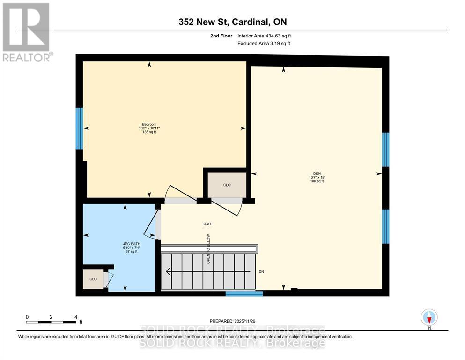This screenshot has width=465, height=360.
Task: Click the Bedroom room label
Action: tap(149, 124)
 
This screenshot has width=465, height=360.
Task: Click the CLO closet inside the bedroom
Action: tap(227, 185)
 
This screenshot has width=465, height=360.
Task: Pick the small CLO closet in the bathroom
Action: tap(93, 279)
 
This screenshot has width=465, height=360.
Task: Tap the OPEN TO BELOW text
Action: tap(209, 248)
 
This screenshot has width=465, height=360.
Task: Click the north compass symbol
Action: tap(429, 318)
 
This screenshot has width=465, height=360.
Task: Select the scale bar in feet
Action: tap(52, 322)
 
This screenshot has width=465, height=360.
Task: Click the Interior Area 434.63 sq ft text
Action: tap(266, 36)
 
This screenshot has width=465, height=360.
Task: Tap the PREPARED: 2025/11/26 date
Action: tap(232, 321)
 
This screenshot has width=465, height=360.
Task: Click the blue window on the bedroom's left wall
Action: tap(80, 128)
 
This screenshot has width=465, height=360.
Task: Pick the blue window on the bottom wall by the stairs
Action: tap(244, 294)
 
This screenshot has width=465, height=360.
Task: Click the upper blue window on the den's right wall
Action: tap(385, 150)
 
